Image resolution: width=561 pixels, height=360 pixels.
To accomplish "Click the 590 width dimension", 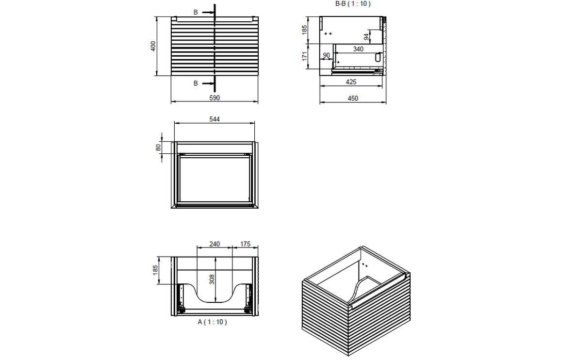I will coord(214,98).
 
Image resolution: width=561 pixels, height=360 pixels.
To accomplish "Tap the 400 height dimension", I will coord(153,46).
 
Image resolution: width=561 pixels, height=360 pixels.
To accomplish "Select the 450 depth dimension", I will coord(353,98).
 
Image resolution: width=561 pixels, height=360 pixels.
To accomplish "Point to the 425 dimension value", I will coord(351,82).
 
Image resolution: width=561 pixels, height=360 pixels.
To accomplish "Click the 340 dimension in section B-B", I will coord(358,49).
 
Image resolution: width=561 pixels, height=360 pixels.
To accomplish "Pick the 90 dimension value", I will coord(326,55).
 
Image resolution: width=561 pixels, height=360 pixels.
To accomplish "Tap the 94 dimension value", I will coord(367,37).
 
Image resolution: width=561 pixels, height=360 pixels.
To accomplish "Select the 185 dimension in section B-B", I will coord(305,30).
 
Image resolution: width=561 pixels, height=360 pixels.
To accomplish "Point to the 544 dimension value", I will coord(214,119).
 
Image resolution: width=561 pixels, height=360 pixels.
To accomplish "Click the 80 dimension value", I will coord(158,147).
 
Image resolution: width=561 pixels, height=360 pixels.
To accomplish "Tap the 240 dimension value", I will coord(214,244).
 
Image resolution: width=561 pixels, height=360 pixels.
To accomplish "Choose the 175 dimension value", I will coord(245,244).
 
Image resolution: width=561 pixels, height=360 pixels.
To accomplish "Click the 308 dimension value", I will coord(212,279).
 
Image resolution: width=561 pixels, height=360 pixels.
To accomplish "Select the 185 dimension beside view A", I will coord(155,270).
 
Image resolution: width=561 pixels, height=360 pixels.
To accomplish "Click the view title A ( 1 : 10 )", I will coord(212,322).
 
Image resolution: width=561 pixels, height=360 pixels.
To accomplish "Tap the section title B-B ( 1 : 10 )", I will coord(353,4).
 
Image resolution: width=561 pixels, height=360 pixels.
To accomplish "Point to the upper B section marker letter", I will coord(196,12).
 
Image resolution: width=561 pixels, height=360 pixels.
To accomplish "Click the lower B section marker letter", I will coord(196,83).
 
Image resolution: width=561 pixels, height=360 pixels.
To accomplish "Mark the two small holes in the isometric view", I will coord(364,265).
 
